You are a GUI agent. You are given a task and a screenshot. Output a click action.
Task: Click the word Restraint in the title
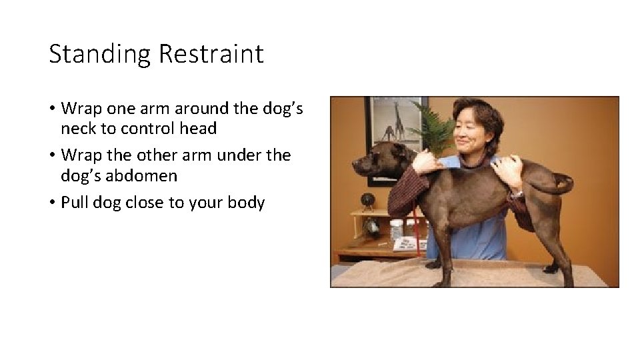click(x=211, y=54)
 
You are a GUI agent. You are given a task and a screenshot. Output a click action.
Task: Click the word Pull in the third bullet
click(x=74, y=202)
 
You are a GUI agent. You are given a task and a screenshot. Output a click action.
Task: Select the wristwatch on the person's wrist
click(x=517, y=193)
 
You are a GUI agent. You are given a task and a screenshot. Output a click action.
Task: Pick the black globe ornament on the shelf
click(x=367, y=200)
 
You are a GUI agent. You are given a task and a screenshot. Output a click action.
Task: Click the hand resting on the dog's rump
click(x=508, y=170)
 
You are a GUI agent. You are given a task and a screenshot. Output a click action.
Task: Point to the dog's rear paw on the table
click(x=551, y=268)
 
